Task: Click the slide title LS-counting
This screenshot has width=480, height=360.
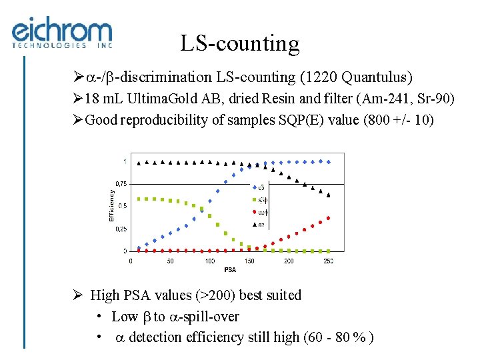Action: (x=239, y=44)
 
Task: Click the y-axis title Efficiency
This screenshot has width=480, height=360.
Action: (x=112, y=205)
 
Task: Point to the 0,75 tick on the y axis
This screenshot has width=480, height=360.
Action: (x=121, y=183)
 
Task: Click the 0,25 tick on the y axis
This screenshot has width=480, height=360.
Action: (x=121, y=229)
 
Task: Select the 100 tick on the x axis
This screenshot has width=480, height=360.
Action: (x=210, y=261)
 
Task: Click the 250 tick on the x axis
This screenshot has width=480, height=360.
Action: (x=328, y=261)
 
